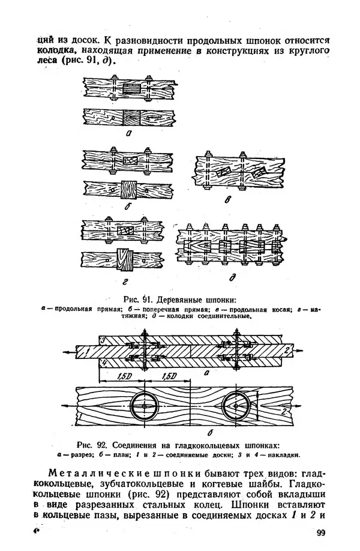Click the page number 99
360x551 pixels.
click(x=320, y=533)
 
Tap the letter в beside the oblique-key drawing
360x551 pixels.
click(x=228, y=200)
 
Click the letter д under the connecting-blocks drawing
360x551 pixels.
click(x=232, y=278)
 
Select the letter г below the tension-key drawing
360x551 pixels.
click(x=125, y=282)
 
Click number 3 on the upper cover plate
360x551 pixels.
click(x=102, y=340)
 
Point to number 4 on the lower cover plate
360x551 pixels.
click(x=102, y=361)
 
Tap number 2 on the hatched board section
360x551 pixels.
click(x=287, y=351)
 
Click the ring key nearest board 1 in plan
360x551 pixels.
click(x=144, y=406)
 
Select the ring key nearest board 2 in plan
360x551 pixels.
click(x=236, y=406)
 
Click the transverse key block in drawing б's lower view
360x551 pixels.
click(x=128, y=190)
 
